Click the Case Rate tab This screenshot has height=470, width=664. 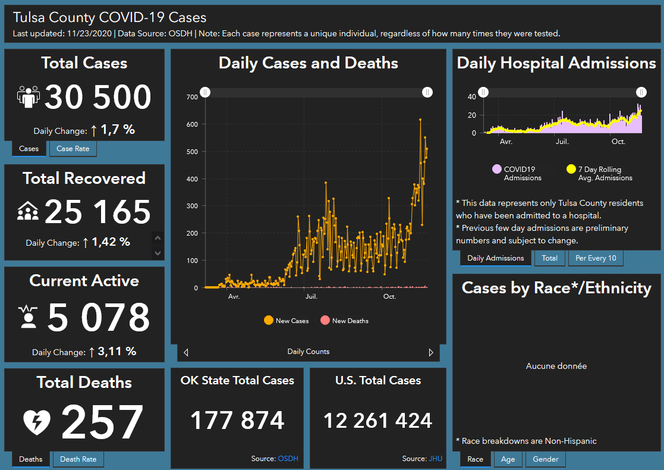tap(73, 149)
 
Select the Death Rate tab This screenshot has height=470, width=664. tap(78, 459)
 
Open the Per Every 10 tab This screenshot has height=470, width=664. tap(596, 258)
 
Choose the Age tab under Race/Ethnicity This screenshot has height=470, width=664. tap(508, 459)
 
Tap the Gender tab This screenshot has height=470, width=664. tap(545, 459)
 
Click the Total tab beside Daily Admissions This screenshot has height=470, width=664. tap(549, 258)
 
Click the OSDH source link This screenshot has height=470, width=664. tap(288, 459)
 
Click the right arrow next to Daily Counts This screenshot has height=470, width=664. tap(431, 352)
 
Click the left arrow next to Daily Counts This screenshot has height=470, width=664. tap(186, 352)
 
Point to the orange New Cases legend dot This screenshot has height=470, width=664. tap(268, 321)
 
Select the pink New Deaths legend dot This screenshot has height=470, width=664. tap(325, 321)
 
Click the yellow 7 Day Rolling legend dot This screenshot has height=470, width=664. tap(571, 170)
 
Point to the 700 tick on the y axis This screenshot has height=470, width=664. tap(191, 97)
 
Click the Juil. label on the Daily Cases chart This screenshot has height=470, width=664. tap(311, 296)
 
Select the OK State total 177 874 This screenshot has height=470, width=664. tap(237, 421)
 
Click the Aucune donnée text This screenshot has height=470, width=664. tap(556, 366)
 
